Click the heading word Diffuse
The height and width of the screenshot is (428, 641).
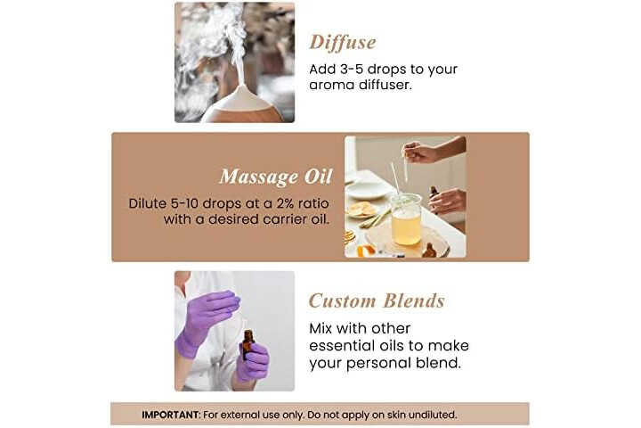[343, 43]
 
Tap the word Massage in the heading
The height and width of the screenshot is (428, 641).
[258, 177]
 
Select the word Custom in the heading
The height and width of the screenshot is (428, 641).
[342, 301]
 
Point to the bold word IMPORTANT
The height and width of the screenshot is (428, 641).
[170, 415]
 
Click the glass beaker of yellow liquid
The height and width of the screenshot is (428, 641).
[406, 219]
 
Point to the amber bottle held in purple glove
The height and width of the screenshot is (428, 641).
[247, 344]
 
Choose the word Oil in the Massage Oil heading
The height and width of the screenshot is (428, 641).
[318, 177]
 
